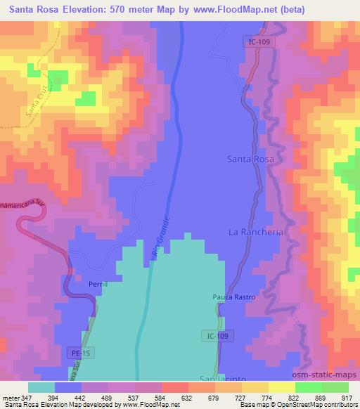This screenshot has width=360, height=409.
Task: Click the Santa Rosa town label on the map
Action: [250, 160]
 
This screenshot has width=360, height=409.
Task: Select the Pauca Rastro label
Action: [234, 297]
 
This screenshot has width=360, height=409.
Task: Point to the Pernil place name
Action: [98, 285]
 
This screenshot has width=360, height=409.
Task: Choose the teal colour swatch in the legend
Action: [41, 387]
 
